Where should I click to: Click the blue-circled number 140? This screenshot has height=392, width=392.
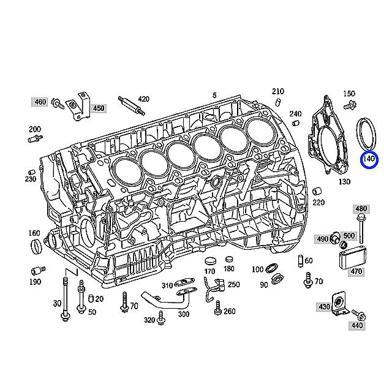[x=368, y=160]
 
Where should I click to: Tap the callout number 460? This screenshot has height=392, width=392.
[x=40, y=102]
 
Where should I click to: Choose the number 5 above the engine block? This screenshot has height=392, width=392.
[x=214, y=95]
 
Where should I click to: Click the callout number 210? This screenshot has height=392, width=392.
[x=279, y=91]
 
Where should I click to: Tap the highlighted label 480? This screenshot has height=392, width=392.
[x=361, y=208]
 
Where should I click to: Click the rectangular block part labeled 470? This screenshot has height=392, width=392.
[x=353, y=258]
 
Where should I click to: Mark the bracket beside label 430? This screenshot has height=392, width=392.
[x=337, y=303]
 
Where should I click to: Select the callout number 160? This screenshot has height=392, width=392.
[x=34, y=233]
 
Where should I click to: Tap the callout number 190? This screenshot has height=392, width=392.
[x=34, y=282]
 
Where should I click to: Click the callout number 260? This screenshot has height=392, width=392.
[x=229, y=311]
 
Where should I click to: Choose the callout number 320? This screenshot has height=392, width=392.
[x=149, y=320]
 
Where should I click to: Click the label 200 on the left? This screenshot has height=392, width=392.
[x=34, y=129]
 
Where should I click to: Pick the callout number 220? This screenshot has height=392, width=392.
[x=318, y=202]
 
